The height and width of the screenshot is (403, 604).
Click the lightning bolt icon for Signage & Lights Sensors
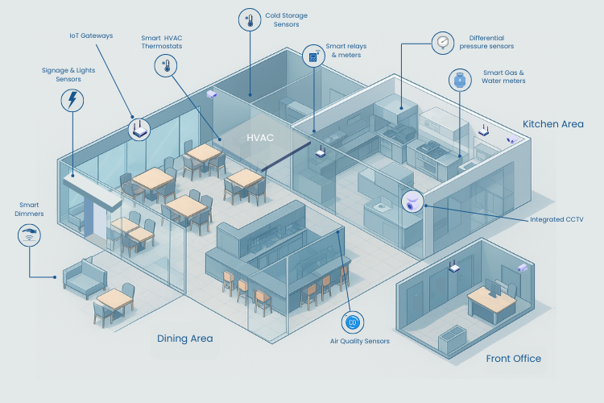click(72, 100)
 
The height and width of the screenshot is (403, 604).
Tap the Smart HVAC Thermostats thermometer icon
click(166, 66)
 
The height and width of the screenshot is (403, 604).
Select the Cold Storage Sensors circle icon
click(250, 20)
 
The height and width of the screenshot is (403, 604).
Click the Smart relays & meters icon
click(312, 56)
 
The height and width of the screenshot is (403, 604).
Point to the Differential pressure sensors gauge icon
click(441, 42)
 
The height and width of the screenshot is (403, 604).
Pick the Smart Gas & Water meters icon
click(460, 79)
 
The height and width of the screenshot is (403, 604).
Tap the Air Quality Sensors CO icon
click(352, 322)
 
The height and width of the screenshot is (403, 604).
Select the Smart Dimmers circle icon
click(30, 235)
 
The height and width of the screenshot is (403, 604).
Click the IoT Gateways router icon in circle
click(139, 128)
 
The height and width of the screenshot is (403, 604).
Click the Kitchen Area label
click(553, 124)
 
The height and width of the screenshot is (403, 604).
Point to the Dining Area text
click(185, 339)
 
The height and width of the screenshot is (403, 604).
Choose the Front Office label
click(514, 359)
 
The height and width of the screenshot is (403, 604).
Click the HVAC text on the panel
click(260, 138)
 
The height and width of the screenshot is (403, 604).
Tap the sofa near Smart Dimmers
click(85, 278)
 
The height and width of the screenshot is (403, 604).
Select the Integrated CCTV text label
click(556, 219)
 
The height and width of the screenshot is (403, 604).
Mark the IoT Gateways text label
click(91, 36)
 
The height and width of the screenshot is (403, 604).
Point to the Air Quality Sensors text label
click(359, 342)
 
